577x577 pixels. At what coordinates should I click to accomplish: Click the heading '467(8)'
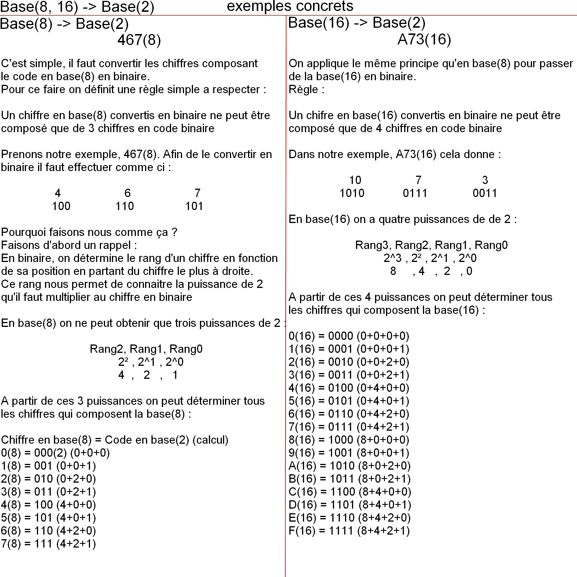139,40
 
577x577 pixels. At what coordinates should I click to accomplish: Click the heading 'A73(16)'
424,40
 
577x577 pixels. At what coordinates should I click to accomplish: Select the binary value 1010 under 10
352,193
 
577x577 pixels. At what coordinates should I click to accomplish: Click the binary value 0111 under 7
415,193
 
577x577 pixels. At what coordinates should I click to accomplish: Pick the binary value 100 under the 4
61,206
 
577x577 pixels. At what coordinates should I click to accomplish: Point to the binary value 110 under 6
125,206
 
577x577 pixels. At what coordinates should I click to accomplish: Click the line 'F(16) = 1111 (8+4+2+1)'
349,531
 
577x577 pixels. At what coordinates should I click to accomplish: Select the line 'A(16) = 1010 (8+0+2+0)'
349,466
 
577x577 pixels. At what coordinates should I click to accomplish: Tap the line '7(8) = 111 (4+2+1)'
48,544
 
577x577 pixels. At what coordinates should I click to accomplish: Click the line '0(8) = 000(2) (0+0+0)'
55,453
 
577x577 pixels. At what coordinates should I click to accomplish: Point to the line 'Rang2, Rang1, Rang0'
146,349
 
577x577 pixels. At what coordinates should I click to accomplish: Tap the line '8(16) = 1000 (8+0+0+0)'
349,440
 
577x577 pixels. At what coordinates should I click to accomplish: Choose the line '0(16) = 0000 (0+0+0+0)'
349,336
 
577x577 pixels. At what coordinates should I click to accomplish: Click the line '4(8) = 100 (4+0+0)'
48,505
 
